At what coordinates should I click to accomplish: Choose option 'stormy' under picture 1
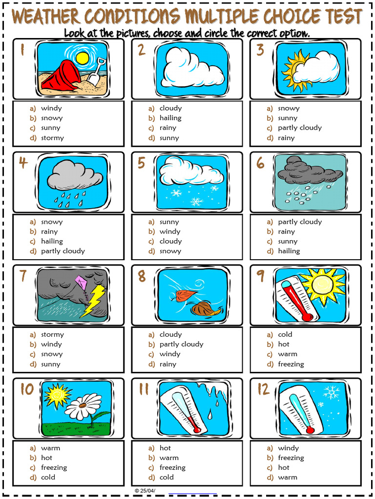(x=52, y=138)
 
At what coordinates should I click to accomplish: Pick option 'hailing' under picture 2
(x=170, y=118)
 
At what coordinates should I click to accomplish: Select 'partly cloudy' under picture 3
(x=300, y=128)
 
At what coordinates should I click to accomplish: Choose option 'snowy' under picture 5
(x=170, y=251)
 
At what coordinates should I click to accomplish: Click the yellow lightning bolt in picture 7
(x=95, y=300)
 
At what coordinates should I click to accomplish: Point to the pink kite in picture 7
(x=81, y=281)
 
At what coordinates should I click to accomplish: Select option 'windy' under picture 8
(x=170, y=354)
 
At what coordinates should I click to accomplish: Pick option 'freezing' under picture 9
(x=291, y=364)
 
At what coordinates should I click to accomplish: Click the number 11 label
(x=143, y=389)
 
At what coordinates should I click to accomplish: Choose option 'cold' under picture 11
(x=167, y=477)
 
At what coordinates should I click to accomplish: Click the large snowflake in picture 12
(x=332, y=393)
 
